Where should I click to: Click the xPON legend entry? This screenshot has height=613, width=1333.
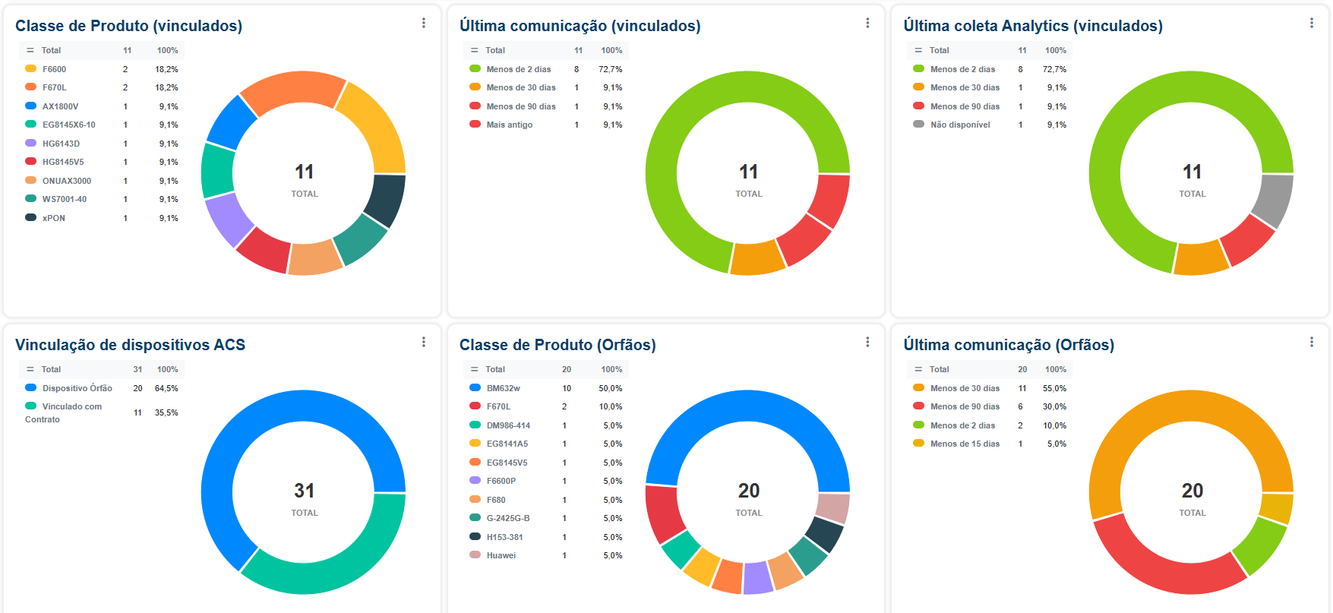pos(53,218)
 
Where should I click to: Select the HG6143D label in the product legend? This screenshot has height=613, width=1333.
pos(61,144)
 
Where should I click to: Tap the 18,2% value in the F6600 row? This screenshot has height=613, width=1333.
pos(166,69)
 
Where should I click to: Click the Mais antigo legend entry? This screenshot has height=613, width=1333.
pos(509,125)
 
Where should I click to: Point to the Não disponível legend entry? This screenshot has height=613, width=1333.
pos(960,125)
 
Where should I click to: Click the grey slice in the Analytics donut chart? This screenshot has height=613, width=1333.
pos(1272,200)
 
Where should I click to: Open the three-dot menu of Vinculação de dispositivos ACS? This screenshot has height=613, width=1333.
pos(424,342)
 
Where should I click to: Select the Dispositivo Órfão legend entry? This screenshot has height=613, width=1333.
pos(77,388)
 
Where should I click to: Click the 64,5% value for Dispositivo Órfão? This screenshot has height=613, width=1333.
pos(166,388)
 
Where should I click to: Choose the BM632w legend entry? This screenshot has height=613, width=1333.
pos(503,388)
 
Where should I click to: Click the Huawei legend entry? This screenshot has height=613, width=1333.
pos(501,555)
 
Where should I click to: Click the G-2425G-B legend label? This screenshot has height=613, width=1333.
pos(507,518)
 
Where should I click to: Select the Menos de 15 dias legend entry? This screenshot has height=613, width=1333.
pos(965,444)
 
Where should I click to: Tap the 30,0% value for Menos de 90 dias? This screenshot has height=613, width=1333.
pos(1054,406)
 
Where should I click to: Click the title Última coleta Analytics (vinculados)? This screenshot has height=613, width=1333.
pos(1032,26)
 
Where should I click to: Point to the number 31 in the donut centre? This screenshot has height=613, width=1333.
pos(304,491)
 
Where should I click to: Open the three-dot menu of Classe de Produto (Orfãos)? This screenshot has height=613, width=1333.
pos(867,342)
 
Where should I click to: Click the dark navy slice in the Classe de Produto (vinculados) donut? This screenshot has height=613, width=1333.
pos(385,200)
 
